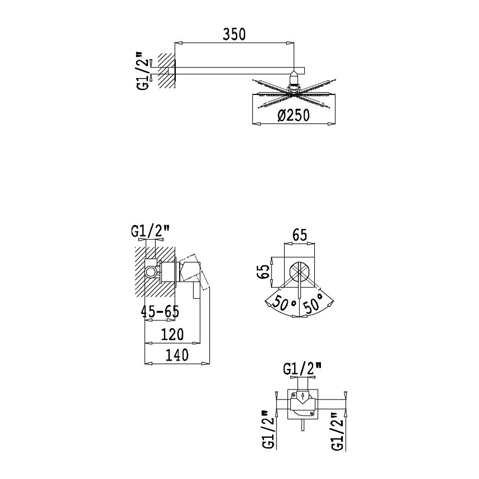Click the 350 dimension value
coord(234,34)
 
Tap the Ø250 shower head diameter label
coord(294,115)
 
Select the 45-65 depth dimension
coord(160,312)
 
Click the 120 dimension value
coord(172,334)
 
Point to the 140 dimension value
coord(177,355)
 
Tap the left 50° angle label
coord(284,302)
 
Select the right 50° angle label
coord(313,302)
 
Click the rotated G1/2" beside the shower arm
coord(144,70)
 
